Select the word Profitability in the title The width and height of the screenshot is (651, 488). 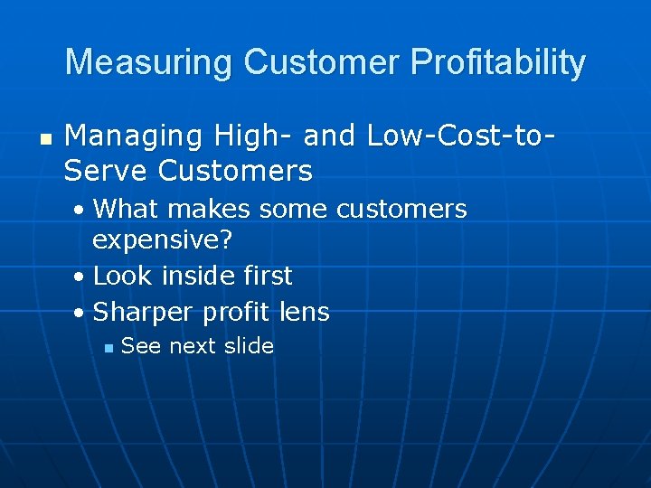(497, 63)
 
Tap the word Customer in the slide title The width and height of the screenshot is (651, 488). (322, 63)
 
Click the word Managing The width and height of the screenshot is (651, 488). (134, 136)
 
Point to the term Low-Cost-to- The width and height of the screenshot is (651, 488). (461, 136)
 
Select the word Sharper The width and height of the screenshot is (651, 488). (144, 313)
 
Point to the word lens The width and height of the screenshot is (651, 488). (305, 313)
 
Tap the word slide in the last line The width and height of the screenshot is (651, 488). (247, 346)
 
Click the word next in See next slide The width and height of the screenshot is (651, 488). (191, 347)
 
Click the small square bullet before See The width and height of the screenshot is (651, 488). (107, 348)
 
